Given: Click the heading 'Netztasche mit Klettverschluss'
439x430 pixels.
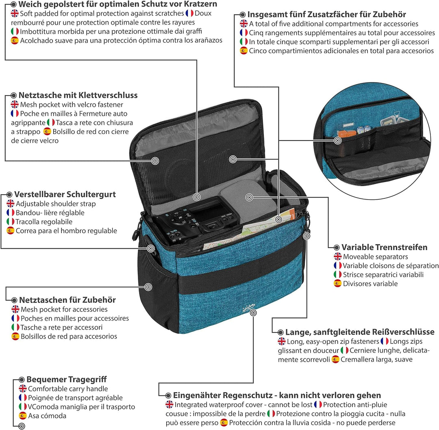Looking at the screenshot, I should coord(78,95).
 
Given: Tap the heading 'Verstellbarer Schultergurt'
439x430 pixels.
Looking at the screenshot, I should coord(65,194).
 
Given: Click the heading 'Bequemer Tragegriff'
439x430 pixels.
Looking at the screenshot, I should coord(67,379).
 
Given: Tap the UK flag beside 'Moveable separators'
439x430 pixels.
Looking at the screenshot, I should coord(338,256).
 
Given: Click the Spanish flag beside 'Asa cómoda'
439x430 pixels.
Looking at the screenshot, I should coord(23,415).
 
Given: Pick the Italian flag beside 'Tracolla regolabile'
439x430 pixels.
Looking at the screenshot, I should coord(11,222).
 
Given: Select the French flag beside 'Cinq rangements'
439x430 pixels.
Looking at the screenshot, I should coord(244,33).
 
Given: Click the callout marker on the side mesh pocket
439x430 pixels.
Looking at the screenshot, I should coord(149,287).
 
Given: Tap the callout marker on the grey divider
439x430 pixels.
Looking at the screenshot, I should coord(250,198).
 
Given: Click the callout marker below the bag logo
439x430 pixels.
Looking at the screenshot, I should coord(253,313).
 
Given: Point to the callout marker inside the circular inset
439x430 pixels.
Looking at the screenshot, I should coord(337,140).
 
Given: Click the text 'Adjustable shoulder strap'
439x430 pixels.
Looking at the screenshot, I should coord(56,204).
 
